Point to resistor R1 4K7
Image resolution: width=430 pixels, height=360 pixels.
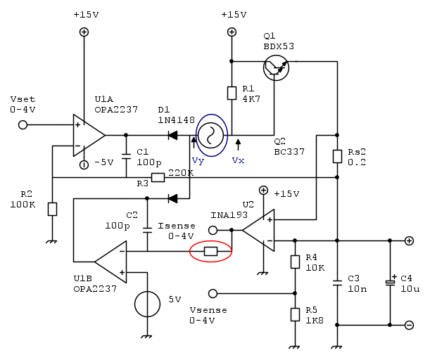coord(232,94)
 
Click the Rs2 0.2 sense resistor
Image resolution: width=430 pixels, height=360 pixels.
coord(338,156)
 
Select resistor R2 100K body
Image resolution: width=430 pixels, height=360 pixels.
coord(52,210)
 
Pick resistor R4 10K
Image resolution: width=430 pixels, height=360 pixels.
coord(294,262)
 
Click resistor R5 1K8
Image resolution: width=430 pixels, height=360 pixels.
coord(294,314)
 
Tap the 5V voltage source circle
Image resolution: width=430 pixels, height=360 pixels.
coord(147,304)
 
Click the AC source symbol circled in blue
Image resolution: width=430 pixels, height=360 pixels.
coord(210,134)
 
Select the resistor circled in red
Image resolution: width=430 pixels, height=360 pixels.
coord(210,251)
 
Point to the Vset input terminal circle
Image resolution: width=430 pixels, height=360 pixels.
coord(23,124)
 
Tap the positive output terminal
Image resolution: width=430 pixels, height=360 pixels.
coord(409,240)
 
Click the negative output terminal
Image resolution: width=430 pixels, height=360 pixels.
coord(409,325)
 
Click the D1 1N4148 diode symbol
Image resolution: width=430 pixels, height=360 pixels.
coord(172,135)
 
